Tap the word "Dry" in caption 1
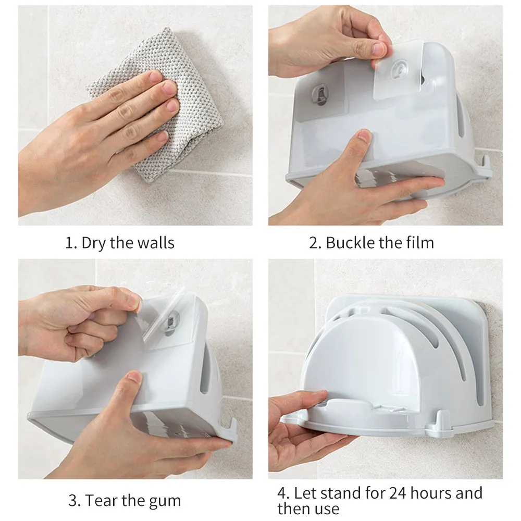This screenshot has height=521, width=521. [x=94, y=243]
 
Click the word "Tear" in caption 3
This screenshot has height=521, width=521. [x=101, y=500]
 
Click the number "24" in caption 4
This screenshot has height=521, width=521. [x=398, y=493]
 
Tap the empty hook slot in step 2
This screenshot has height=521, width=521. [x=320, y=95]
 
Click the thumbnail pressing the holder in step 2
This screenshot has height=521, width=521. [x=365, y=135]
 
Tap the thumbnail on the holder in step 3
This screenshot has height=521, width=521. [x=134, y=377]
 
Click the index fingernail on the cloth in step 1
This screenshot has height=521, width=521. [x=155, y=77]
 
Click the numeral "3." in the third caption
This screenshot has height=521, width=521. [x=74, y=500]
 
